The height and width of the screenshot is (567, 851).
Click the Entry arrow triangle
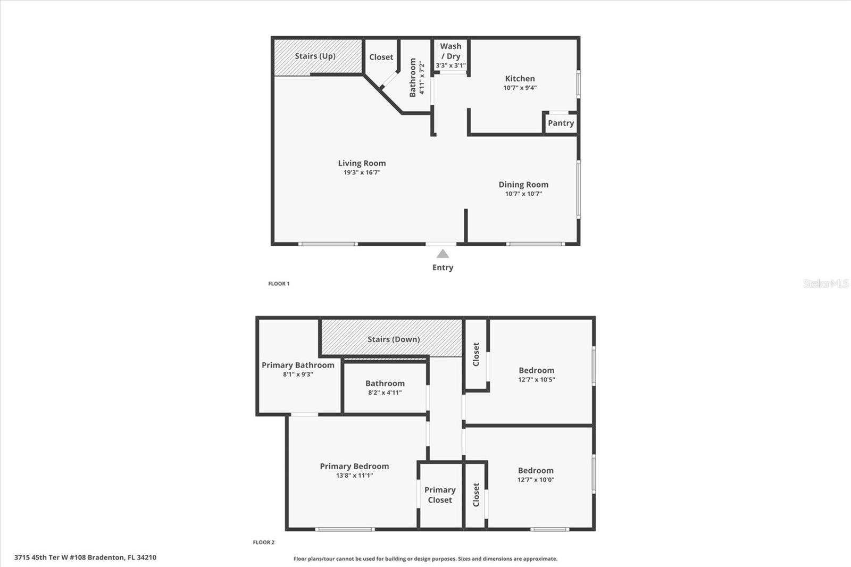(443, 254)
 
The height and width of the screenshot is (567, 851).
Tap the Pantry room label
(561, 123)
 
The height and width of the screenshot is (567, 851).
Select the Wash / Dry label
(450, 51)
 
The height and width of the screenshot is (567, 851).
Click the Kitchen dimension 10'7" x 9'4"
(520, 88)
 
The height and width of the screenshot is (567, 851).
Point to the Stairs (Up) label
(315, 56)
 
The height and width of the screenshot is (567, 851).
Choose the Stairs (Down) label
(394, 339)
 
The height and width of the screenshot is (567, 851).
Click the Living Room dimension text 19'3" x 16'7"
(362, 172)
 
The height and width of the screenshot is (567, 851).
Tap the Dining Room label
(523, 185)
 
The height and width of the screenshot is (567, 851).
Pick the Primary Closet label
(440, 495)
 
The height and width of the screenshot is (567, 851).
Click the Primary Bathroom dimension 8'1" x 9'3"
(298, 374)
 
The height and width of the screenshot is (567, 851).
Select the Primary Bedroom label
(354, 466)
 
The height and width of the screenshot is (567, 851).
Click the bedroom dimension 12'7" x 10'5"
(536, 380)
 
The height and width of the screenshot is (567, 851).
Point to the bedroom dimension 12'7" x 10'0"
(536, 480)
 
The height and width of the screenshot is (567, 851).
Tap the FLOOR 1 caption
(279, 283)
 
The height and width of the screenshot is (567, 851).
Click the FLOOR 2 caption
(263, 543)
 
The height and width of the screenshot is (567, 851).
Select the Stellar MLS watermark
(825, 283)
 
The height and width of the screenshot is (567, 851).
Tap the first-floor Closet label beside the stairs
(381, 57)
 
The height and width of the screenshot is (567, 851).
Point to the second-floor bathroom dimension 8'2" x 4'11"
(385, 393)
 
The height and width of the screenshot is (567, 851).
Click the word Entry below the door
(443, 268)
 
